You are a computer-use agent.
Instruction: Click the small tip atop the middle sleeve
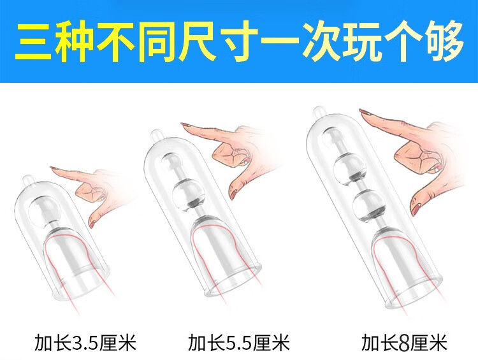156,134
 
